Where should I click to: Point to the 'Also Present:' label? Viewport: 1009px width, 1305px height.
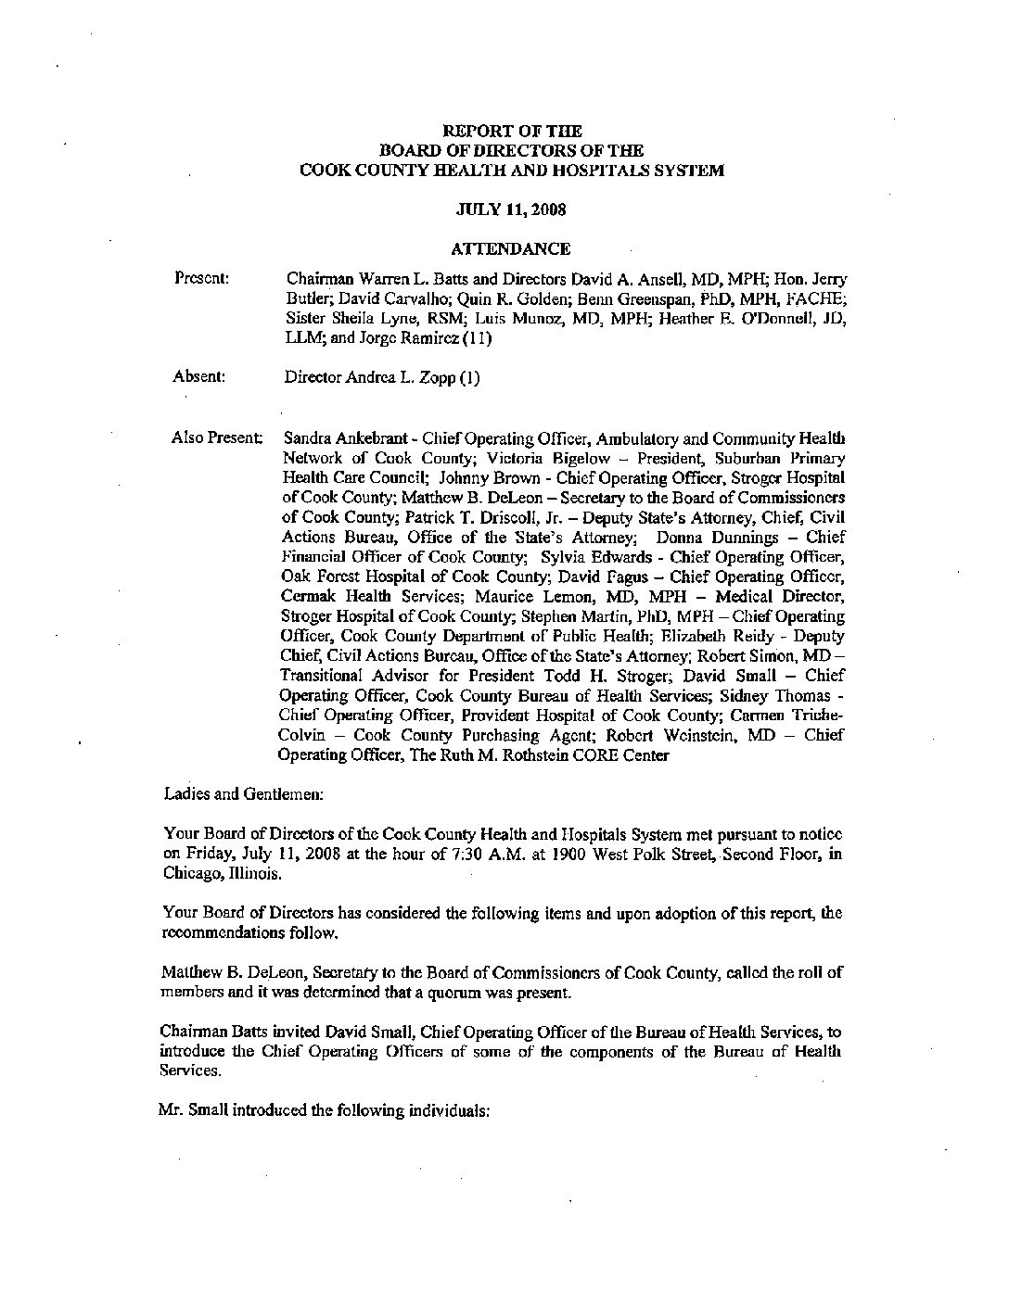point(216,437)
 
